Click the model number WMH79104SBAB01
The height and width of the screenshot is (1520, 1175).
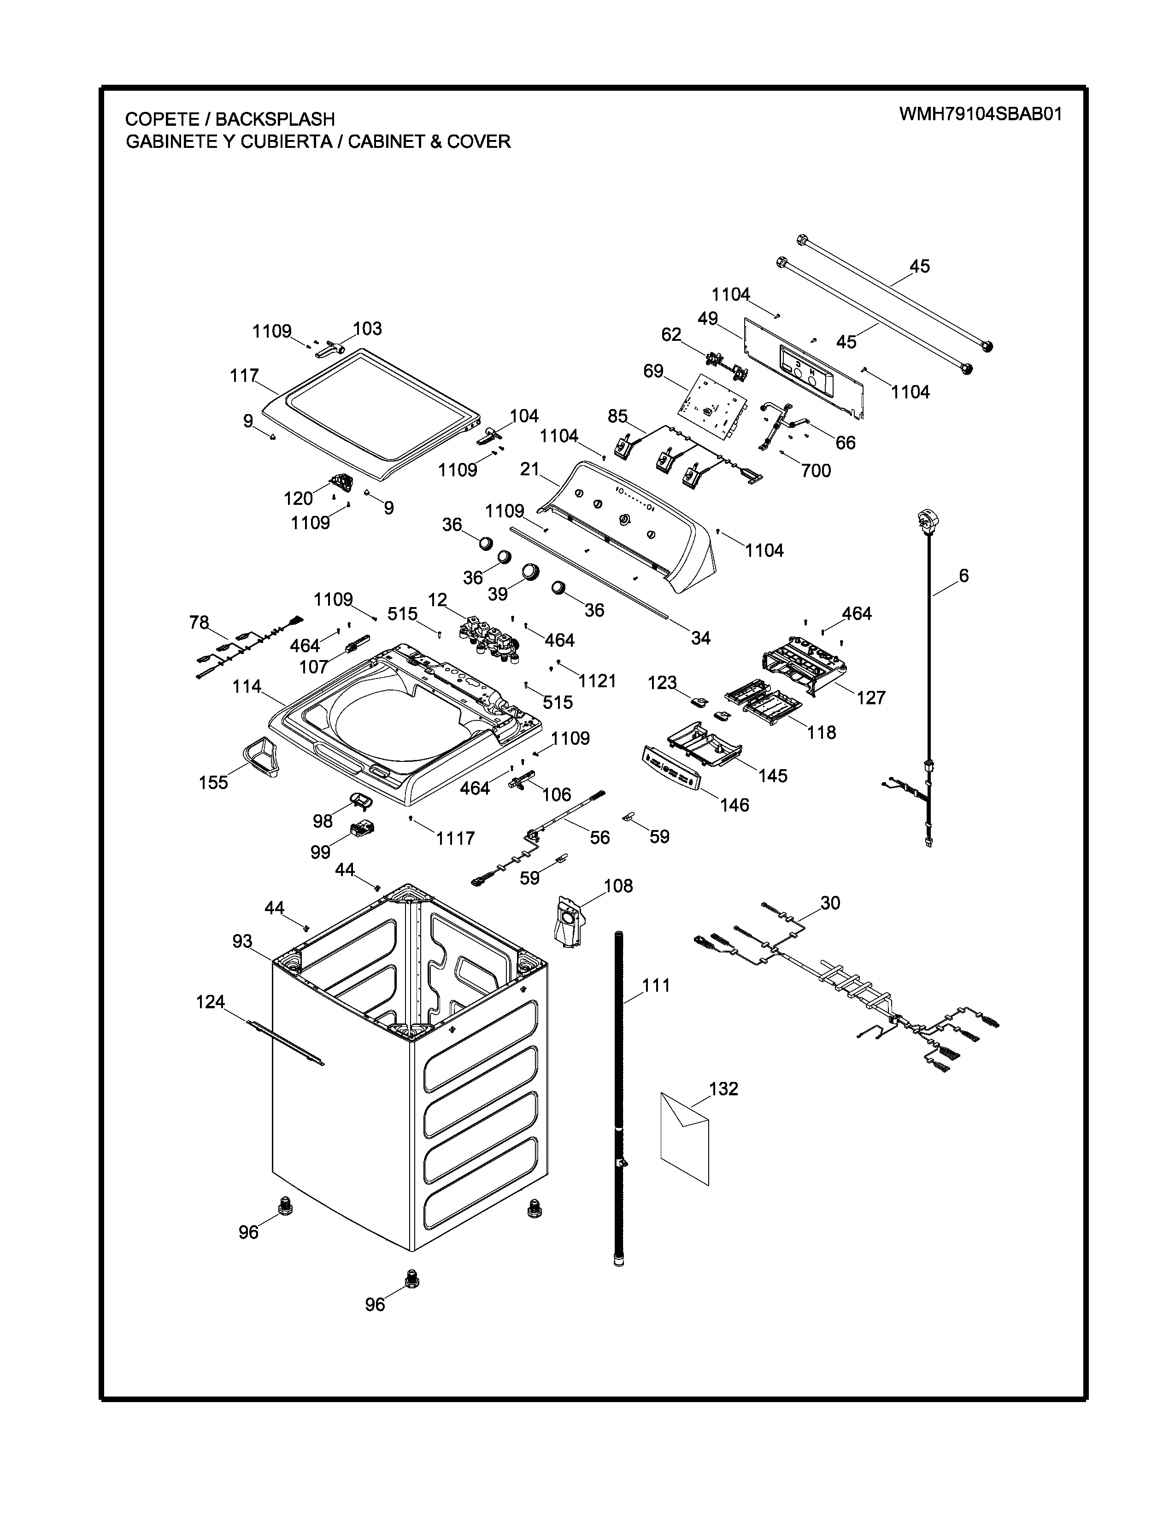pyautogui.click(x=980, y=114)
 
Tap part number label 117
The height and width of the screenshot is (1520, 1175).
pyautogui.click(x=244, y=376)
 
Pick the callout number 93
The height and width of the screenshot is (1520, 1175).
pyautogui.click(x=242, y=941)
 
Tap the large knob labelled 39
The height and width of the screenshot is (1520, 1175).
pyautogui.click(x=531, y=571)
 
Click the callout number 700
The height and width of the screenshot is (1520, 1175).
pyautogui.click(x=816, y=471)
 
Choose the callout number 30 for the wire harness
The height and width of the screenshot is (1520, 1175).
pyautogui.click(x=830, y=903)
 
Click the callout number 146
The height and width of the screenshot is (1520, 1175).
pyautogui.click(x=734, y=805)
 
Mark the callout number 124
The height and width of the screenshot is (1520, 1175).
pyautogui.click(x=210, y=1002)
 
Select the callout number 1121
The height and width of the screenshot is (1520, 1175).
pyautogui.click(x=597, y=681)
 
